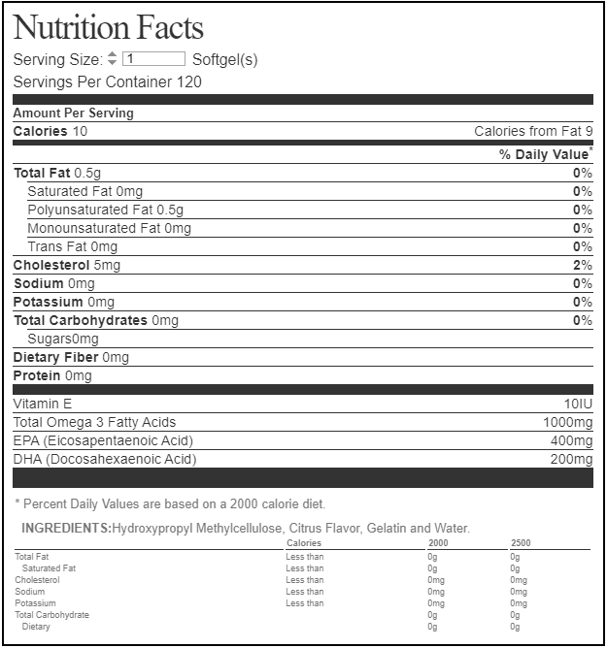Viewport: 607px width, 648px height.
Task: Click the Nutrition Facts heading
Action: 108,27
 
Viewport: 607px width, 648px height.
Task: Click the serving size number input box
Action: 153,59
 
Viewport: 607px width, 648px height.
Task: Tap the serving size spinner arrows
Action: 112,59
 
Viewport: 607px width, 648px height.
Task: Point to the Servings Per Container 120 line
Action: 108,81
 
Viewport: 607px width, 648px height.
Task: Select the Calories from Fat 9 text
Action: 533,131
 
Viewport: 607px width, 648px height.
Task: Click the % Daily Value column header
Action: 545,154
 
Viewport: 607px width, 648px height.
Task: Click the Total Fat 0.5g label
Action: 57,173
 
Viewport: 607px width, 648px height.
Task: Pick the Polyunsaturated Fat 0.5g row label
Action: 105,210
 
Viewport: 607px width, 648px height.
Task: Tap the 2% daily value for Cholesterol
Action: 582,265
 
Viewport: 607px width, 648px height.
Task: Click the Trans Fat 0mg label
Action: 72,246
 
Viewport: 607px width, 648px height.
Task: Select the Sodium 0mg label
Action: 54,283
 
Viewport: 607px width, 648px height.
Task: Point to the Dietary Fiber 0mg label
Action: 71,357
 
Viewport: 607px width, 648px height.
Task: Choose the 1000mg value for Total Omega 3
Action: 567,422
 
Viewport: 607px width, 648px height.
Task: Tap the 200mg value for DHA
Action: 571,459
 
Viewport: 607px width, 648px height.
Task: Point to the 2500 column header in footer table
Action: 522,543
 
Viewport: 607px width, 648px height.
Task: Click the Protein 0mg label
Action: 52,375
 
